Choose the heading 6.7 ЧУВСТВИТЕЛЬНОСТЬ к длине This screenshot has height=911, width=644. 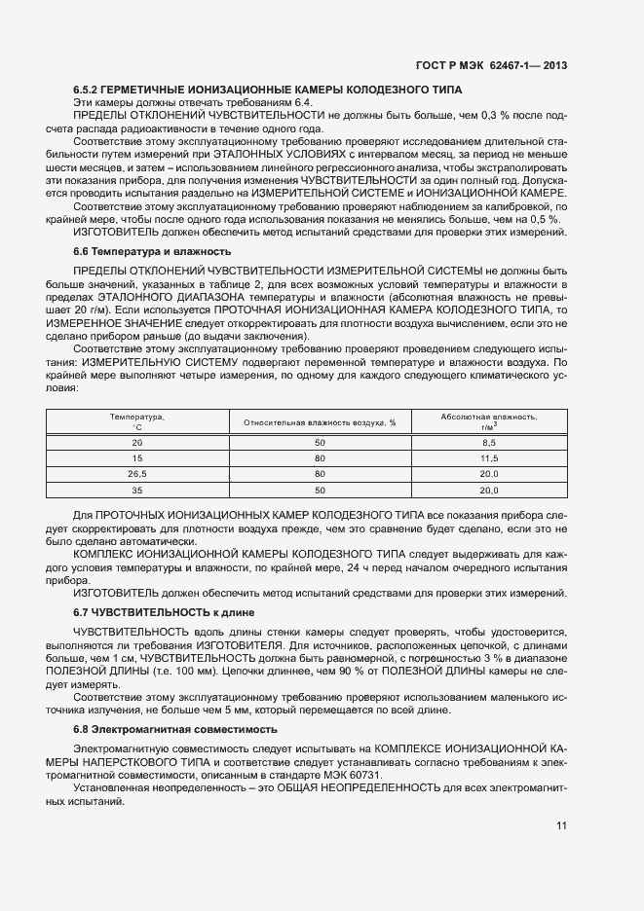tap(163, 612)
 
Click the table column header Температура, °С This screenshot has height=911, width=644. tap(136, 421)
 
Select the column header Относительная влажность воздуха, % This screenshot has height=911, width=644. tap(320, 422)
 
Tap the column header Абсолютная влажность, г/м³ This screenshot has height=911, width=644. tap(489, 421)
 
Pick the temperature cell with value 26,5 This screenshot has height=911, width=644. tap(136, 474)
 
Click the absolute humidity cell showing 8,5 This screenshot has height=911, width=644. tap(489, 442)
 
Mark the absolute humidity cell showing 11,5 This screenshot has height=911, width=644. tap(489, 457)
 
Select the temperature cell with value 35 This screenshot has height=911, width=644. tap(136, 491)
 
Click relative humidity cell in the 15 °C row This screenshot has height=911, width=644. tap(320, 457)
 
